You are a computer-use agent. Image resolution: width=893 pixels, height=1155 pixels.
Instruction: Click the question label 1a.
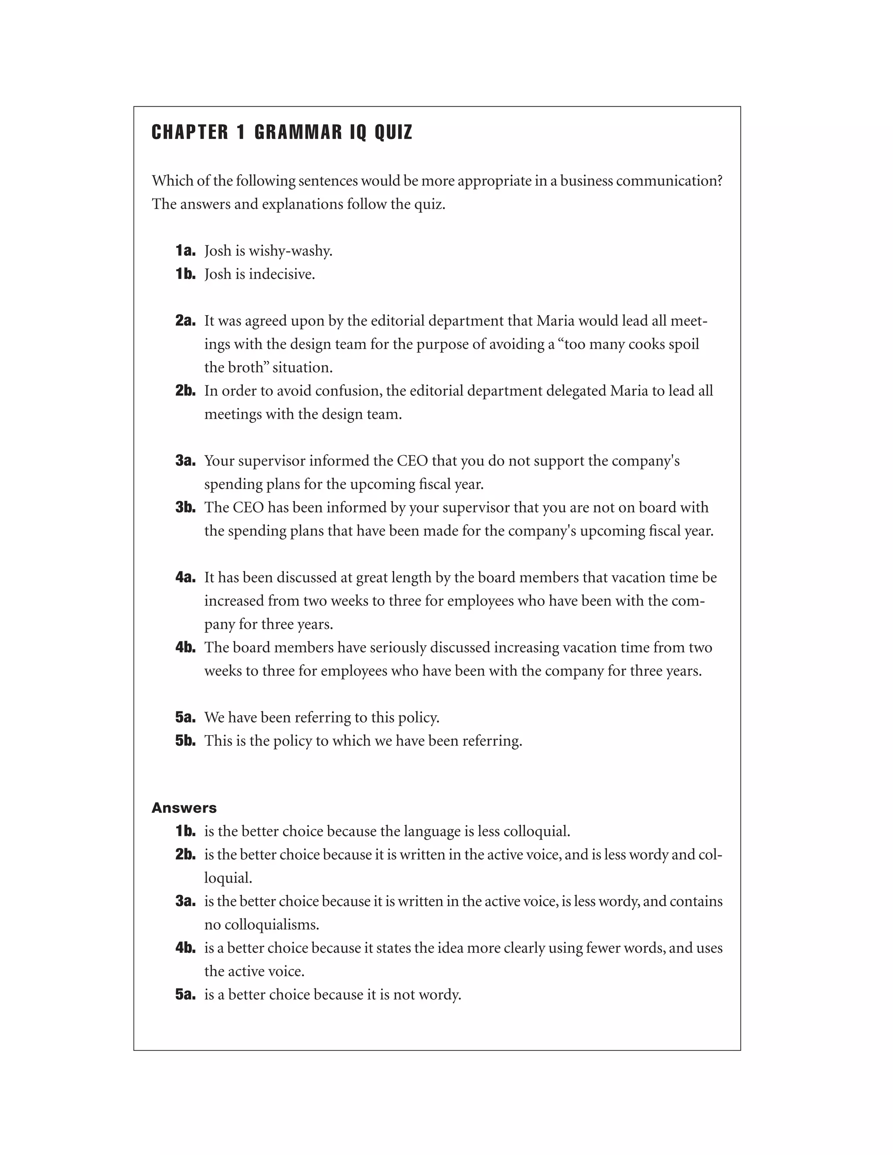(185, 251)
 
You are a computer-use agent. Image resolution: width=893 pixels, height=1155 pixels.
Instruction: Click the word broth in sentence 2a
(249, 367)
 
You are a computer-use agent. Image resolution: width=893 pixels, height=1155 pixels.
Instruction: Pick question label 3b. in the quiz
(185, 507)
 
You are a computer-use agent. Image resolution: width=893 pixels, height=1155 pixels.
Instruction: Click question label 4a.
(185, 577)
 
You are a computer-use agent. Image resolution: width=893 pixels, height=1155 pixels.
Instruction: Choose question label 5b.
(185, 741)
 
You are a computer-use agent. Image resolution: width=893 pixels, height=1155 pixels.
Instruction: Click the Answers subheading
(184, 808)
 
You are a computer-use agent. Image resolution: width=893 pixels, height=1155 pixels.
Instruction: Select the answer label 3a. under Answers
(185, 901)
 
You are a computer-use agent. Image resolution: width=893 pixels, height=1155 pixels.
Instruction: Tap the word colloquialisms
(272, 925)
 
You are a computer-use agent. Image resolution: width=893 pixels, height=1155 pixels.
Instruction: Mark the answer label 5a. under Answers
(185, 995)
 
